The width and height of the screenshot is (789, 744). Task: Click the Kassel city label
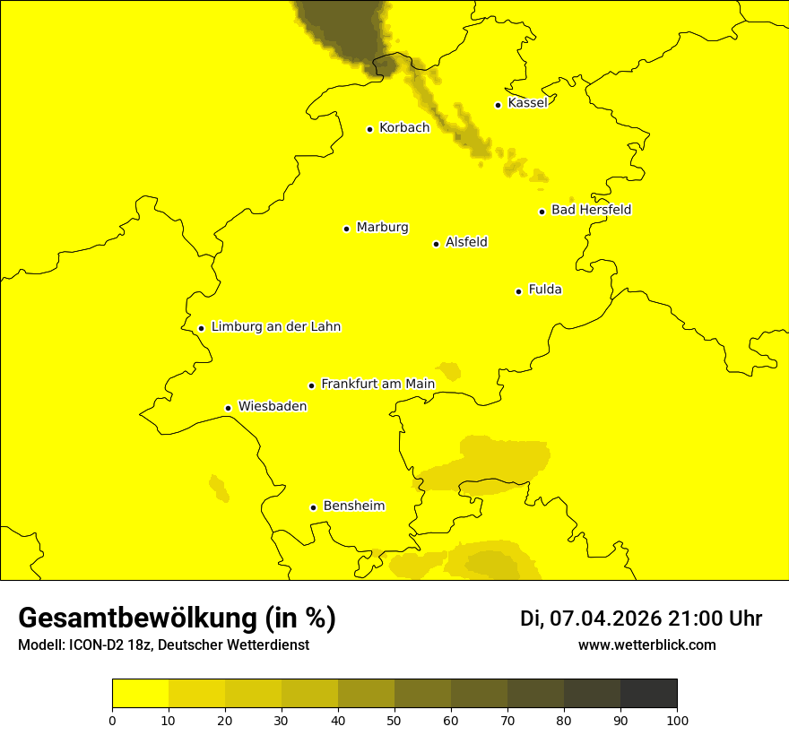(x=527, y=103)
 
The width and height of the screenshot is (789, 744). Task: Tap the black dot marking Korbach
(x=369, y=129)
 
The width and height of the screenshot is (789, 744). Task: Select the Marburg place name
(x=382, y=228)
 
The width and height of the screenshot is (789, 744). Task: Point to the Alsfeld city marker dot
(x=437, y=244)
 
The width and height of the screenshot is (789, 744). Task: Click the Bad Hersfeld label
(x=591, y=210)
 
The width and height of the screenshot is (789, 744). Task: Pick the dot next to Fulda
(x=518, y=291)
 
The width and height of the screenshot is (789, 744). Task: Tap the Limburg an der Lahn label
(x=275, y=327)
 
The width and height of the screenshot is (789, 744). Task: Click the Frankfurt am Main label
(x=377, y=384)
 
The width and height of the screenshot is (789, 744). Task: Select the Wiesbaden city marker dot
(x=229, y=408)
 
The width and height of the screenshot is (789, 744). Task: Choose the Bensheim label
(x=353, y=506)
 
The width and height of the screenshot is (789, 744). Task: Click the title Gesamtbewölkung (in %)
(x=177, y=619)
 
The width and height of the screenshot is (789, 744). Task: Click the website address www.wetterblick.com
(x=646, y=645)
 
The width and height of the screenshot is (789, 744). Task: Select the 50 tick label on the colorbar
(x=394, y=720)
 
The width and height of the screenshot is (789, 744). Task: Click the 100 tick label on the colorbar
(x=676, y=720)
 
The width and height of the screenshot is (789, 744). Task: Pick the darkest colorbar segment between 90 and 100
(x=648, y=694)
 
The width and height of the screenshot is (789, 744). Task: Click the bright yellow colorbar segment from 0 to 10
(x=140, y=694)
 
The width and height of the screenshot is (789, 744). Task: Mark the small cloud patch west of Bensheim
(x=219, y=488)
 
